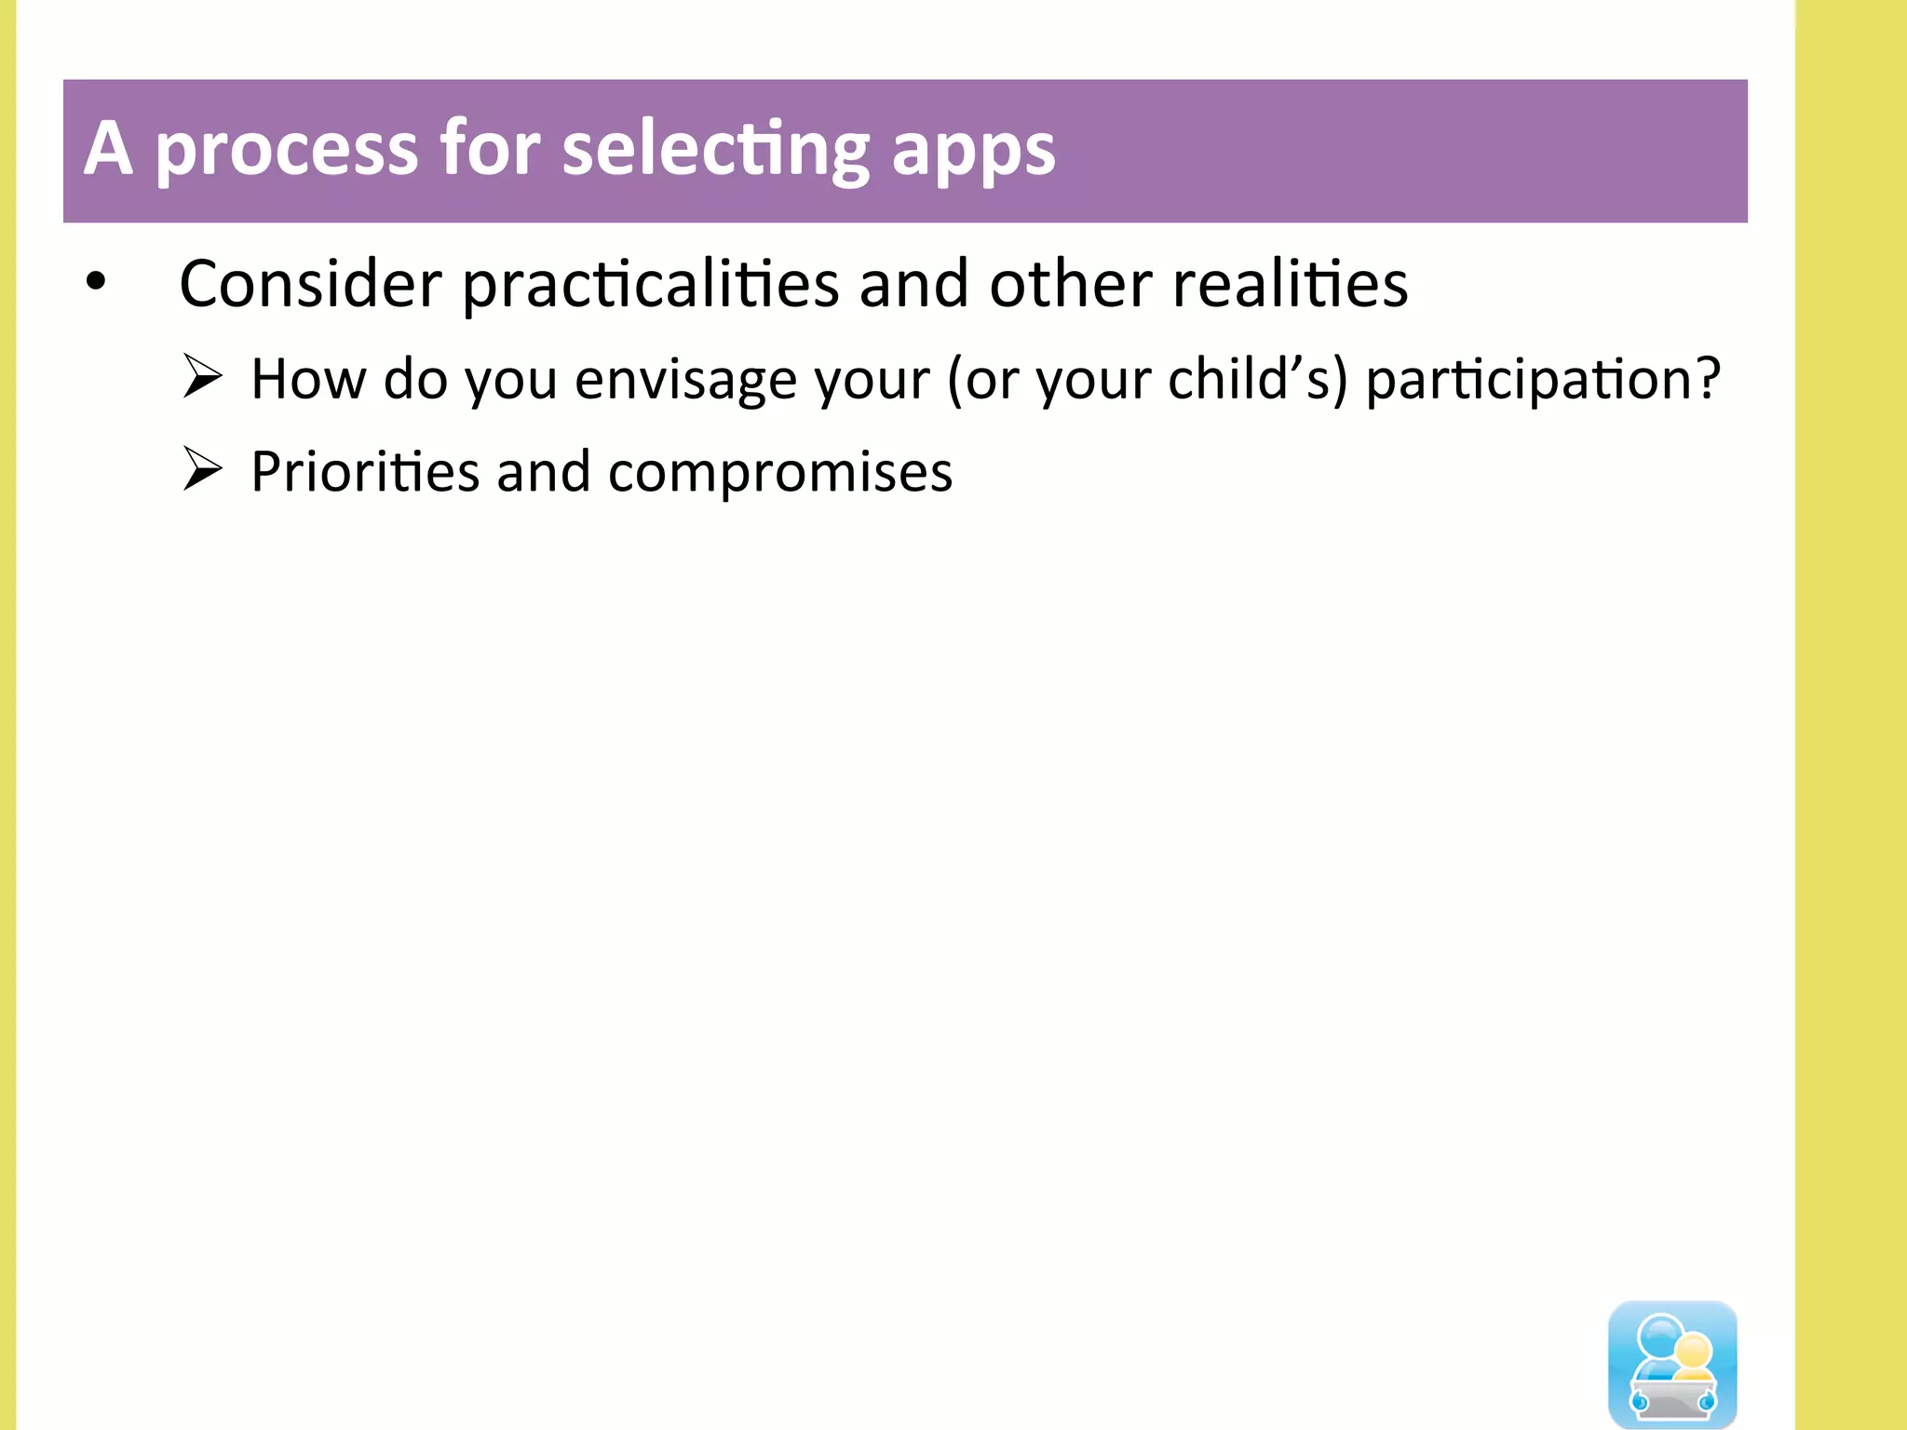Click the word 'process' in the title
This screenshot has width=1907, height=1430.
[x=286, y=151]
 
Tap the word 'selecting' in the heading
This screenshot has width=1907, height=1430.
[x=716, y=151]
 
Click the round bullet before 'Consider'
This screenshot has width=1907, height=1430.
[x=96, y=281]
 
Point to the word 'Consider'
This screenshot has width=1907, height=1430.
[x=310, y=284]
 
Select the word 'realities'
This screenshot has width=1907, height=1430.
[x=1290, y=284]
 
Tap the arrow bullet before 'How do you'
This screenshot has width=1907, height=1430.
[x=202, y=376]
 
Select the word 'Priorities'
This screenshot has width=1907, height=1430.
[x=365, y=472]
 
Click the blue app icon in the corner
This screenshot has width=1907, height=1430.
[x=1672, y=1363]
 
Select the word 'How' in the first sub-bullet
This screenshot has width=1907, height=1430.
[x=308, y=379]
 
